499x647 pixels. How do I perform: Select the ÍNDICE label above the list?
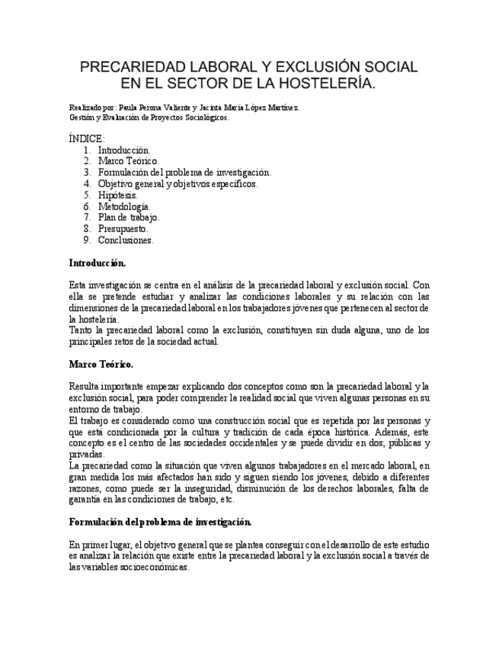87,138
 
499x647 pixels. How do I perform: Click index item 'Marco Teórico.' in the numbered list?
128,161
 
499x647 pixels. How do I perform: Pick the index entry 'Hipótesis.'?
117,195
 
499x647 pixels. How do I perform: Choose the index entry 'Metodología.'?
124,206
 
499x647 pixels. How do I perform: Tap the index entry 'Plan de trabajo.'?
128,217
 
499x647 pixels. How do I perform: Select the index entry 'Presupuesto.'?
123,229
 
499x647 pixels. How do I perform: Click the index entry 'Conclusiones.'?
126,240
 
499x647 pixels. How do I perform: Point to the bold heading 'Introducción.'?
97,263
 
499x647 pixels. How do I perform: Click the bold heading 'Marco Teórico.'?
101,364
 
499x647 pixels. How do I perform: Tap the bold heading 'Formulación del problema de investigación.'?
160,522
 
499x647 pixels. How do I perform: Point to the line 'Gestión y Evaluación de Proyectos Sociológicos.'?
149,117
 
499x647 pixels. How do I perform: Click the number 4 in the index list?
88,184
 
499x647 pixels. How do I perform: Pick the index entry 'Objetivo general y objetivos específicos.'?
178,184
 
